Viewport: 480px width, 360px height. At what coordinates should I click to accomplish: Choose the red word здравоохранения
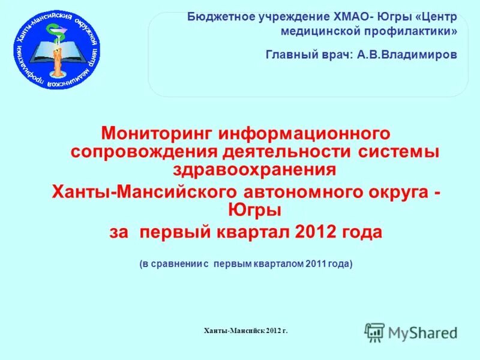coord(254,170)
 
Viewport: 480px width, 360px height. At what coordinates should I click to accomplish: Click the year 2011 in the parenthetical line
coord(316,264)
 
